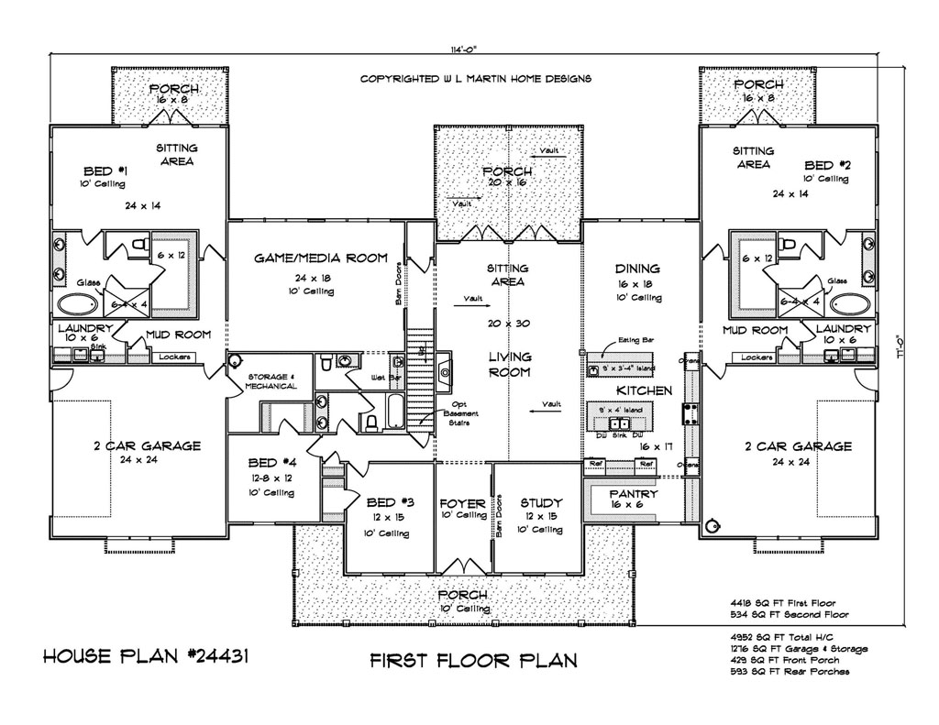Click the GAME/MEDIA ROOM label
[x=319, y=258]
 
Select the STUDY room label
[x=540, y=503]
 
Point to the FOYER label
[x=463, y=503]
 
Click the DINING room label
[x=637, y=269]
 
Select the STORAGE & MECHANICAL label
[x=271, y=380]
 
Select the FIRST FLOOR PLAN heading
[x=473, y=660]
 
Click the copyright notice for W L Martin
[x=475, y=79]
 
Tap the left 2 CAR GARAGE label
[x=146, y=446]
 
